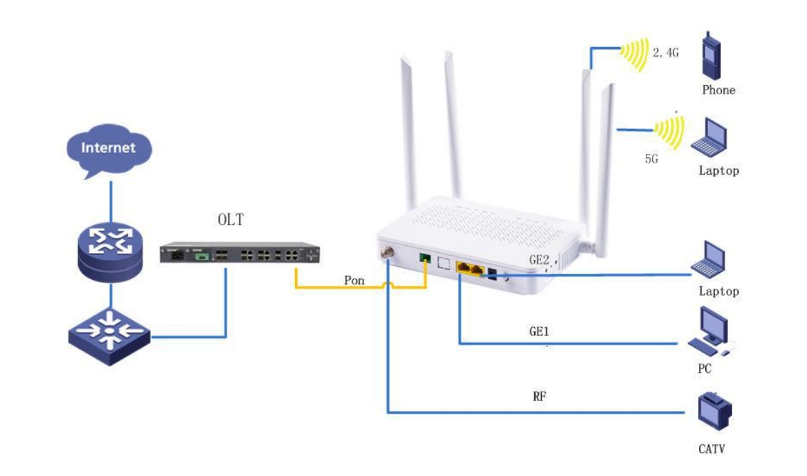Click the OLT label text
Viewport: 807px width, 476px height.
(231, 220)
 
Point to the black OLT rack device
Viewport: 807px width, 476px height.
(240, 253)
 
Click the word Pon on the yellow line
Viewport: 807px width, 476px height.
(354, 281)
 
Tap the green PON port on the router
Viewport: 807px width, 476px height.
(425, 257)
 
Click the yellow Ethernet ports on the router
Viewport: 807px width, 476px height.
(470, 269)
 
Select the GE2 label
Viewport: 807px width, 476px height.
(539, 260)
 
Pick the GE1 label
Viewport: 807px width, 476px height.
(539, 331)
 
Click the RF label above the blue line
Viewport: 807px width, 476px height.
(540, 396)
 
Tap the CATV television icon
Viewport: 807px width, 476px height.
(715, 411)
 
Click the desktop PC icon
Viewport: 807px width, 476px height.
(710, 331)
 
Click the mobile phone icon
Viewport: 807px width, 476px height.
(711, 56)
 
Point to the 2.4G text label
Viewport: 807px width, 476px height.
(666, 53)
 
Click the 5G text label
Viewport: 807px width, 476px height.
(652, 159)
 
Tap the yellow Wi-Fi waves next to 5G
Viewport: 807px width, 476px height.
(670, 132)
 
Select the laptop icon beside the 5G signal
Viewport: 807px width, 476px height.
(709, 137)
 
